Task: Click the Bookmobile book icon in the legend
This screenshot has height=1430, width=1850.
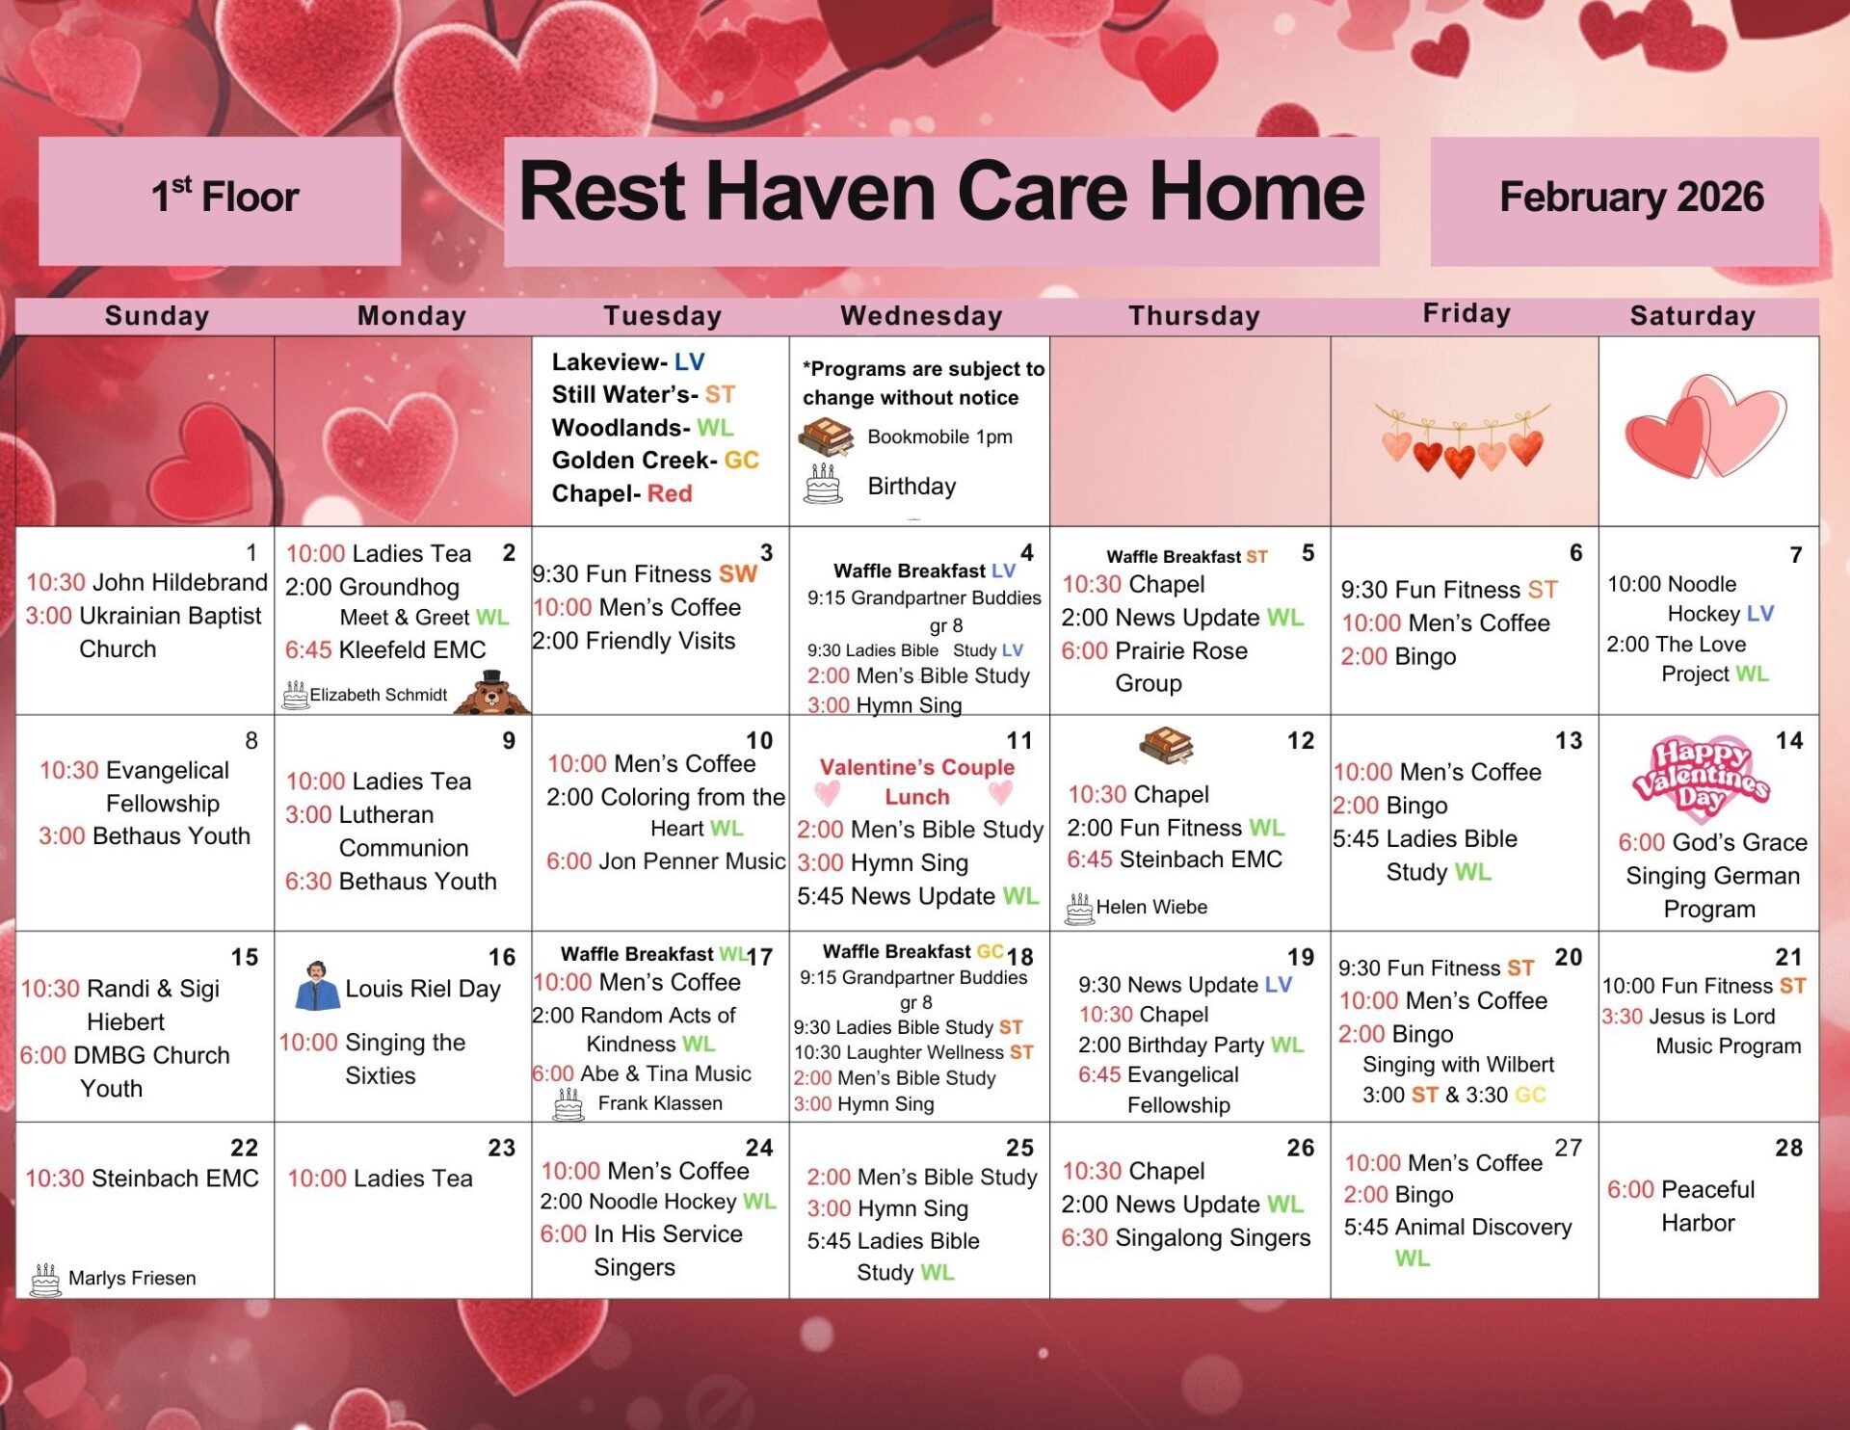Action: point(826,437)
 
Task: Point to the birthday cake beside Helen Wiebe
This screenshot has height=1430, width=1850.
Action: point(1079,908)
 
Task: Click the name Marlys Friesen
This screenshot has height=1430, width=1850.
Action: point(132,1278)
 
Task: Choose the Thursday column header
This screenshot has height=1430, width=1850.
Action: point(1194,316)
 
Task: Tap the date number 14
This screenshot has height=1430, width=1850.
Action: point(1789,740)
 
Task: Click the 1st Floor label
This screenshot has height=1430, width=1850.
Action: point(225,196)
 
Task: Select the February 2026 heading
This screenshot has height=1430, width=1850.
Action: point(1631,197)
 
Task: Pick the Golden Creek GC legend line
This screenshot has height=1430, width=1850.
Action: point(655,460)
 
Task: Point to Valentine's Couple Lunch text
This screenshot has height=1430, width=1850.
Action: point(916,781)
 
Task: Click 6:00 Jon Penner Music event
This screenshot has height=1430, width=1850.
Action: point(666,861)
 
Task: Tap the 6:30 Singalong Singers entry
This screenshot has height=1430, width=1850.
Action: point(1185,1237)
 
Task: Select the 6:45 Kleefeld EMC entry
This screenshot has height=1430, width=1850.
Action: point(385,649)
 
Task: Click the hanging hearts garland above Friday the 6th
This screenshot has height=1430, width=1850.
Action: point(1462,439)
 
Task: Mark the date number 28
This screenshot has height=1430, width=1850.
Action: point(1789,1147)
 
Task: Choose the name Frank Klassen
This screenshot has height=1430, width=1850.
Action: point(660,1103)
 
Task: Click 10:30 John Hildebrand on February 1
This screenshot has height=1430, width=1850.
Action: point(146,582)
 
